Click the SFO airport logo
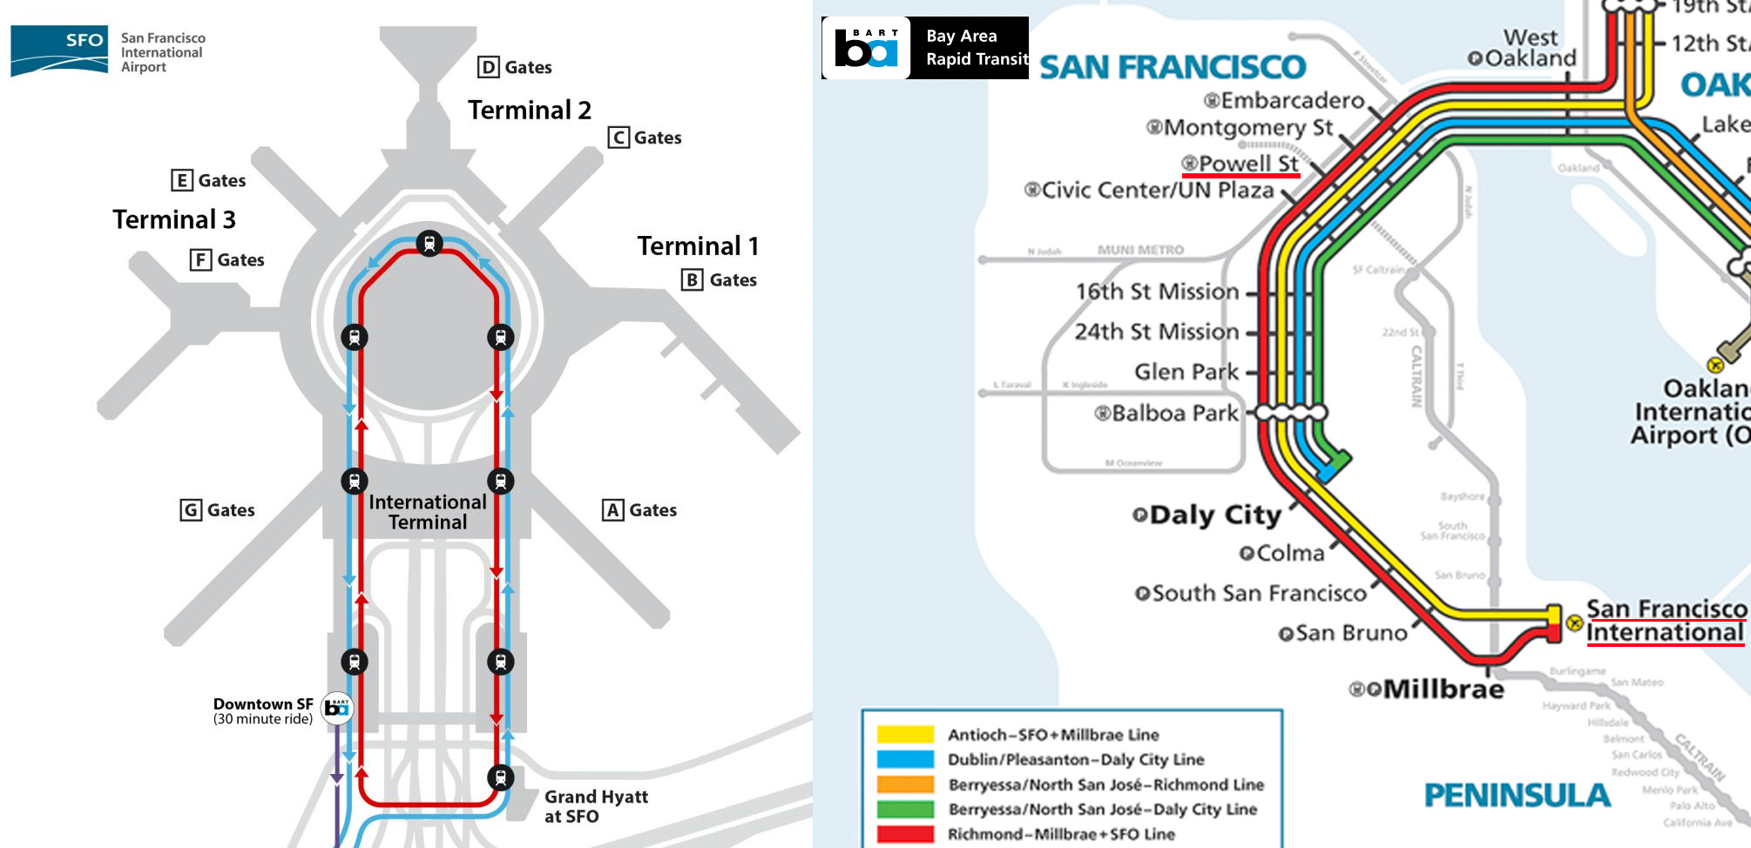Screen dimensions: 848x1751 coord(59,50)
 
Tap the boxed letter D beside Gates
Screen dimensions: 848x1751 coord(489,67)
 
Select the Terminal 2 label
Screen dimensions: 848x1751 coord(529,111)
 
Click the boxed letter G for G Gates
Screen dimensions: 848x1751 coord(191,510)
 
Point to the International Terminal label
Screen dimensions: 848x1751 coord(427,512)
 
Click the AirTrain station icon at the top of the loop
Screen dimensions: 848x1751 coord(429,243)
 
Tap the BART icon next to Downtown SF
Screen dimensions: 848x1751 coord(337,709)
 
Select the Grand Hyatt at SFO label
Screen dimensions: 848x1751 coord(596,806)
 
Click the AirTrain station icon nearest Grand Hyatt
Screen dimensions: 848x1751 coord(500,777)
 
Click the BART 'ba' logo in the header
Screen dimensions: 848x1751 coord(866,48)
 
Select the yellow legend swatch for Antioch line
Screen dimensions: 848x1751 coord(905,734)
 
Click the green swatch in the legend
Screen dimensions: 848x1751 coord(905,809)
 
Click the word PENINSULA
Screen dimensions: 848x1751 coord(1516,795)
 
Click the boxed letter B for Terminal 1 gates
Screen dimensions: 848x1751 coord(692,279)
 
